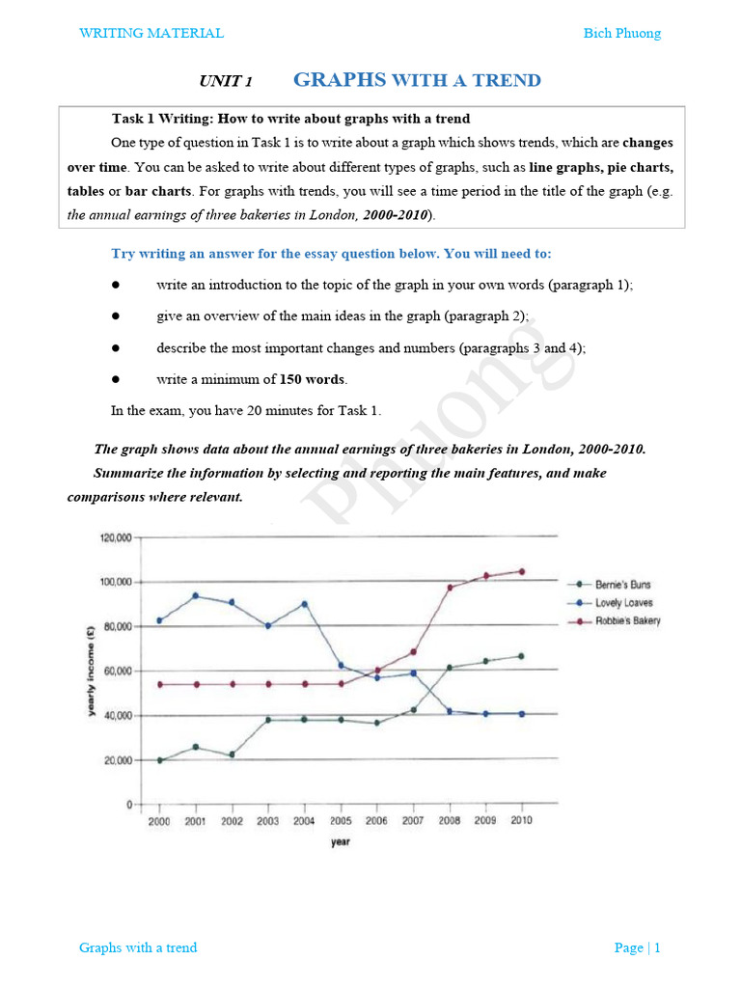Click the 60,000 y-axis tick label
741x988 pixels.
[x=118, y=672]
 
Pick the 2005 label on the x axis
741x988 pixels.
[x=341, y=821]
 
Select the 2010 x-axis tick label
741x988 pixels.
[x=521, y=821]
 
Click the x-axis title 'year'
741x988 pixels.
[x=341, y=842]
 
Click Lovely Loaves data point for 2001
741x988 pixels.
[x=196, y=595]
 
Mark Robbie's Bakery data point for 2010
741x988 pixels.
[x=522, y=571]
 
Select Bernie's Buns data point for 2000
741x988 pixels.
[x=159, y=760]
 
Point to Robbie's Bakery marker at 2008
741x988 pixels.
[x=450, y=587]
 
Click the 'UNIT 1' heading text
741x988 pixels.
[x=225, y=82]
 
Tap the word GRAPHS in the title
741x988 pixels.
[x=339, y=80]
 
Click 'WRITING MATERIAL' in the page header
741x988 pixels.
[x=151, y=34]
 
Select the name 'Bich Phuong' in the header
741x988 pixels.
[x=622, y=34]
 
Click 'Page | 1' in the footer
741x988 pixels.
[x=637, y=947]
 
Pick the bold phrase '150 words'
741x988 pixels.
[x=312, y=379]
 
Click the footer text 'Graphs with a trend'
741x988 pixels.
[x=138, y=947]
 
